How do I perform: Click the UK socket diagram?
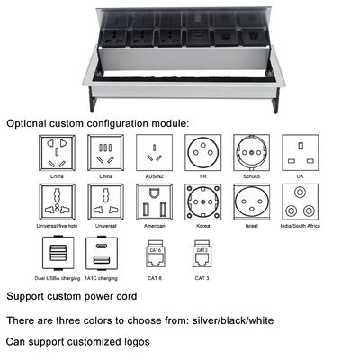[301, 153]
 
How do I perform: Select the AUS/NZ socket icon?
[154, 153]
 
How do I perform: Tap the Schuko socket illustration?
[252, 153]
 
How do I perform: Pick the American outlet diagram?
[154, 202]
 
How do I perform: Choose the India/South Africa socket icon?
[301, 202]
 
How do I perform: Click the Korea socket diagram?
[203, 202]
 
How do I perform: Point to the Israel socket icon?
[252, 202]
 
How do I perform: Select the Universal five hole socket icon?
[57, 202]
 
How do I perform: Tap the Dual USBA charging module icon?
[58, 253]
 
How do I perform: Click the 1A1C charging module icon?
[102, 253]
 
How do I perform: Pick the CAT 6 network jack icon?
[155, 254]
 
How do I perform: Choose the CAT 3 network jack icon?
[202, 254]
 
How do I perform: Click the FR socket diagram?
[203, 153]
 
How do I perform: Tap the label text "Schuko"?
[252, 176]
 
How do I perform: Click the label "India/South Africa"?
[301, 226]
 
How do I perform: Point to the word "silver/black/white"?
[233, 320]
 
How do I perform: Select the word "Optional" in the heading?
[26, 123]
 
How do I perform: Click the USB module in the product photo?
[198, 38]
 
